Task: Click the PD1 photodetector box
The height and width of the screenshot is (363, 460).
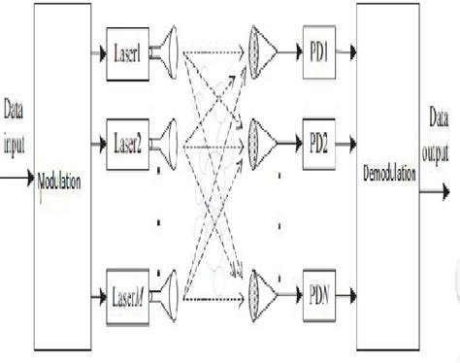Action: tap(320, 47)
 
